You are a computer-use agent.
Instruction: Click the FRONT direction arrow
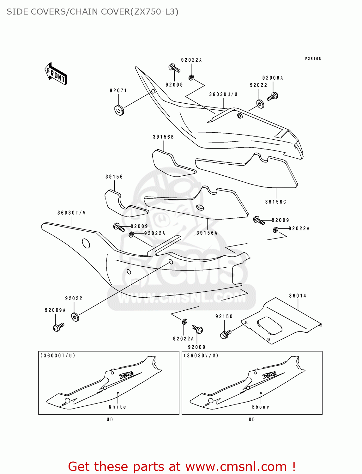[56, 74]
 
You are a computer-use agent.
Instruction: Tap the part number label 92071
[118, 91]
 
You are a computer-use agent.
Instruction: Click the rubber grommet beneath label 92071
[119, 110]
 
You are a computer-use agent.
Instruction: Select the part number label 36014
[298, 296]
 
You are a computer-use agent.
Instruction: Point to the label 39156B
[163, 137]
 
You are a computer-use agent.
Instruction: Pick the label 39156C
[275, 202]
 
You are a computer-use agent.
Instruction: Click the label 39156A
[207, 233]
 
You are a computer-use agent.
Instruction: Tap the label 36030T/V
[71, 213]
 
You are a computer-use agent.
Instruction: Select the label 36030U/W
[223, 94]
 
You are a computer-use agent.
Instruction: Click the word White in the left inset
[118, 407]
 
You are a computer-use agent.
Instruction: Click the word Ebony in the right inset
[261, 407]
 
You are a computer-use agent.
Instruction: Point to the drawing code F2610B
[313, 59]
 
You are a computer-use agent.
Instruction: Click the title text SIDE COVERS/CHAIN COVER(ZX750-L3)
[92, 12]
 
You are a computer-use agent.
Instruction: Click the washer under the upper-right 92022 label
[260, 104]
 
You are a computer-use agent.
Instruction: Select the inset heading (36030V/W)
[201, 355]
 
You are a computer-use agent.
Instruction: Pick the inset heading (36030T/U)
[57, 355]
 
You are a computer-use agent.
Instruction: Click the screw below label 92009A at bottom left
[58, 327]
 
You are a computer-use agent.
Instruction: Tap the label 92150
[224, 316]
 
